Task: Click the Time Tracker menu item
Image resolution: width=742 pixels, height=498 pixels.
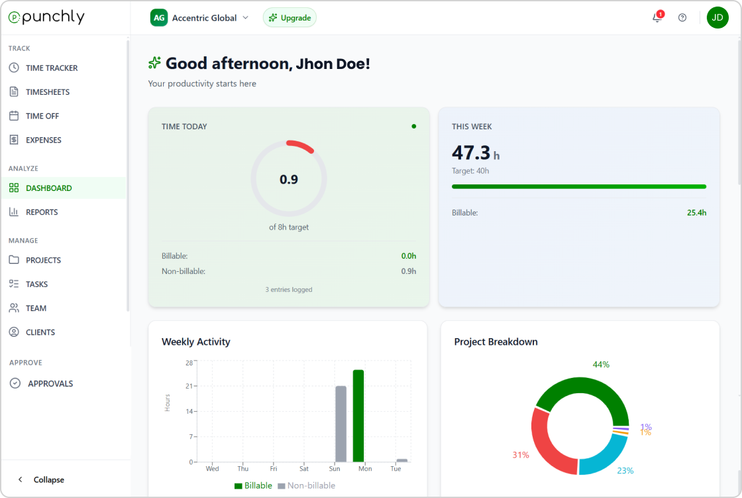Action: click(52, 68)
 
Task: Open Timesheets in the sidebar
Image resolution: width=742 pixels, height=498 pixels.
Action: click(48, 92)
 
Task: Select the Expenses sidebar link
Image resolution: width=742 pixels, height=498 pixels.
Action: click(44, 140)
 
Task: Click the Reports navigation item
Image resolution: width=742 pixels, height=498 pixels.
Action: click(42, 212)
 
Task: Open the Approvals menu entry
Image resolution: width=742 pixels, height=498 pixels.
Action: click(50, 384)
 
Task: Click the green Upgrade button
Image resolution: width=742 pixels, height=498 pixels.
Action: click(290, 18)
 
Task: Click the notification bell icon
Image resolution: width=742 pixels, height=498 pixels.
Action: click(657, 18)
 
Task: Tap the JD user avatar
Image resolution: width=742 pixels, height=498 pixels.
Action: click(717, 18)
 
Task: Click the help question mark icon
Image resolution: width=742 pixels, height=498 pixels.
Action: click(682, 18)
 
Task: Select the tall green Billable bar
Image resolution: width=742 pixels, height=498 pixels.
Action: click(358, 416)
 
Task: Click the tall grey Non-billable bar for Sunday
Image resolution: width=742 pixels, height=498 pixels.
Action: click(341, 424)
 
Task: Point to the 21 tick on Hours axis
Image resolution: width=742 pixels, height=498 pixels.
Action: click(189, 386)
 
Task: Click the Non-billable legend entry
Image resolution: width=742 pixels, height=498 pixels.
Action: click(306, 485)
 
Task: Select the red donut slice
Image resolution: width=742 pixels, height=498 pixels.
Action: click(547, 444)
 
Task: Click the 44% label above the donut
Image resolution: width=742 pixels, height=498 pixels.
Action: click(601, 365)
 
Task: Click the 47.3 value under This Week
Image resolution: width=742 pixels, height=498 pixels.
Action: click(471, 153)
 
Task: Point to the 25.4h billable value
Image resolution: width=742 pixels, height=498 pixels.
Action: click(696, 213)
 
